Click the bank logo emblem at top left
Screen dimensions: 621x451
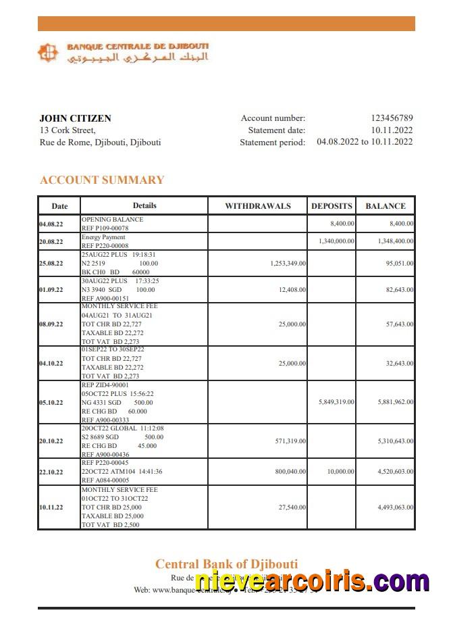[48, 53]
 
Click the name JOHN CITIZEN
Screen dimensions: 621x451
[75, 118]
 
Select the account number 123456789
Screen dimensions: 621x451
[391, 118]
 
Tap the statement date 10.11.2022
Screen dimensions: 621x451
[391, 130]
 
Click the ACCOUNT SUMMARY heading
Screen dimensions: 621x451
[102, 180]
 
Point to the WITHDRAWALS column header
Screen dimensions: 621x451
[257, 206]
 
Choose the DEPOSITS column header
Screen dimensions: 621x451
[331, 206]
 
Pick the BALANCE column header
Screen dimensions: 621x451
[386, 206]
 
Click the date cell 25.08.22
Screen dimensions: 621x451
[51, 264]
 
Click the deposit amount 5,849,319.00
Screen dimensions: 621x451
[336, 402]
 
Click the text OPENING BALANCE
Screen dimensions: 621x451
[112, 220]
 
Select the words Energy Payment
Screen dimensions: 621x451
[103, 238]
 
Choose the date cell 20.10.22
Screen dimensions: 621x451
[51, 441]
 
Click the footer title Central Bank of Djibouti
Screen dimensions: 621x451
[226, 564]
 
